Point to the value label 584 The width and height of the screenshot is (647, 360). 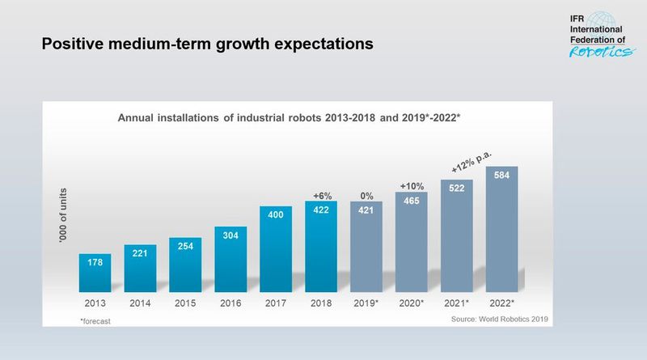click(x=501, y=175)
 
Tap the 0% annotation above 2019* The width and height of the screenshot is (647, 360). click(x=367, y=195)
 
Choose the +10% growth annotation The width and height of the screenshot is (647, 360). click(x=412, y=186)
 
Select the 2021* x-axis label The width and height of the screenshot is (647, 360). click(x=458, y=303)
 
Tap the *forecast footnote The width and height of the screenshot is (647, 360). click(x=96, y=321)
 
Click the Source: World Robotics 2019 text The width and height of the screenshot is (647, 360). click(x=500, y=320)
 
